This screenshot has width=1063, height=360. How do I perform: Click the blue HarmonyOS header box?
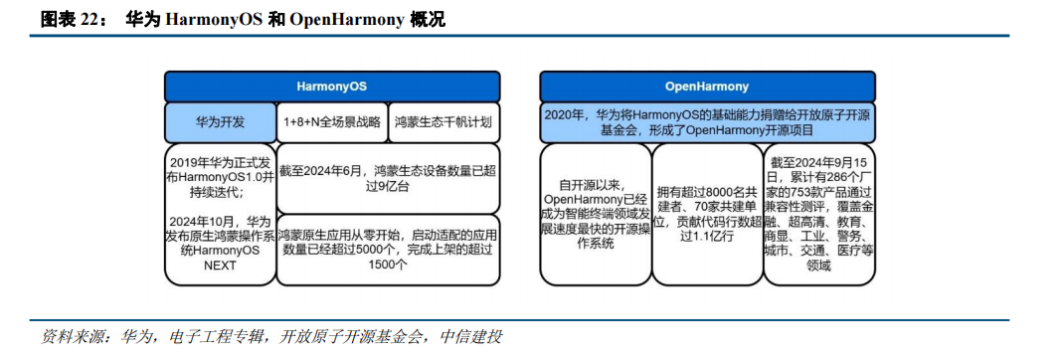[332, 87]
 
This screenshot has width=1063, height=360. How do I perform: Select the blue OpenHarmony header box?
[706, 87]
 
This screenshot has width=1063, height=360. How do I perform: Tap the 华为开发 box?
[220, 122]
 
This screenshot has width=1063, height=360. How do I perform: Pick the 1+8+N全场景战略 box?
[332, 122]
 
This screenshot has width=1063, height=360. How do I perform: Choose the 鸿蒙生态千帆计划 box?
[444, 122]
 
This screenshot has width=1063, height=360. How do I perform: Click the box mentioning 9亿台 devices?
[389, 178]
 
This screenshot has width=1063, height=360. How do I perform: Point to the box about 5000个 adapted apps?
[389, 249]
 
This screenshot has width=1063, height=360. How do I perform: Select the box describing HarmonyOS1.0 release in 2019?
[220, 214]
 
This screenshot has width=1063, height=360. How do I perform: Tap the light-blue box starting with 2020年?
[706, 122]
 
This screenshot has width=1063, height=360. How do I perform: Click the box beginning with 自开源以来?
[595, 214]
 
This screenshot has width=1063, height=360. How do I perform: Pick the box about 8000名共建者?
[706, 214]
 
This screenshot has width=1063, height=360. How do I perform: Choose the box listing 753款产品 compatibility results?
[818, 214]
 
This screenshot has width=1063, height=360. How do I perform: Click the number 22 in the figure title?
[89, 20]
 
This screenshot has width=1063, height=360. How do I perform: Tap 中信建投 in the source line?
[471, 337]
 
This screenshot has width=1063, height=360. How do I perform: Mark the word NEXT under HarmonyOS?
[220, 266]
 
